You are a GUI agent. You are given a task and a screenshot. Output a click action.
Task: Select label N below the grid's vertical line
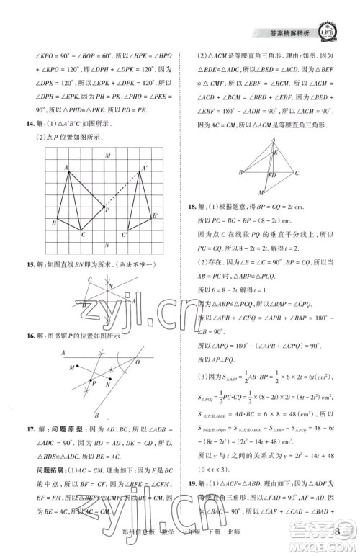tap(107, 245)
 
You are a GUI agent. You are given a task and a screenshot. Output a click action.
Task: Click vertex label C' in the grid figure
tap(124, 235)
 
